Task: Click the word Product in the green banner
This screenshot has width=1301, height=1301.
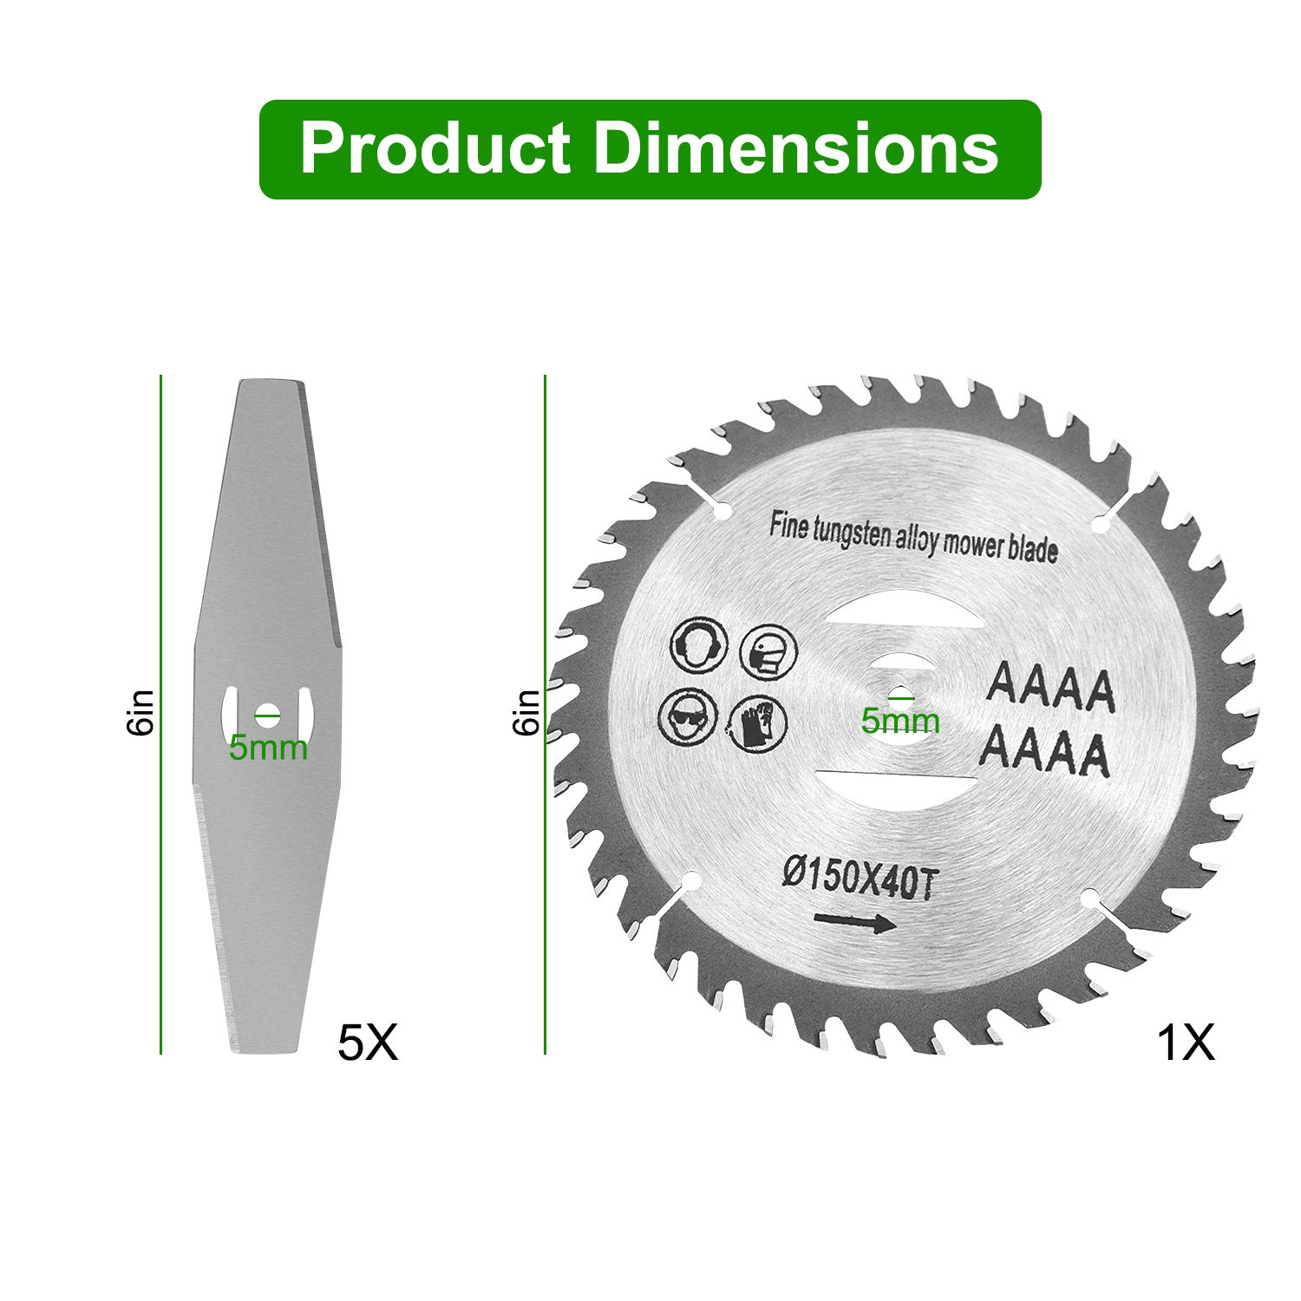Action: (435, 148)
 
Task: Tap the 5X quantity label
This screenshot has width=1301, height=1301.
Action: (368, 1043)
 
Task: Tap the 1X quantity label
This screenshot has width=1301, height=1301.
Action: (1186, 1043)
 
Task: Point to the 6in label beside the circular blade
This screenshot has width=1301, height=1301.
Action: (526, 713)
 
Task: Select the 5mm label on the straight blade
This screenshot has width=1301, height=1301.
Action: (268, 748)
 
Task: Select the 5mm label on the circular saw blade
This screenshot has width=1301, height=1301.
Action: (900, 721)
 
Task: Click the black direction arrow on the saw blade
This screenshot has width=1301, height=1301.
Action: (854, 922)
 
